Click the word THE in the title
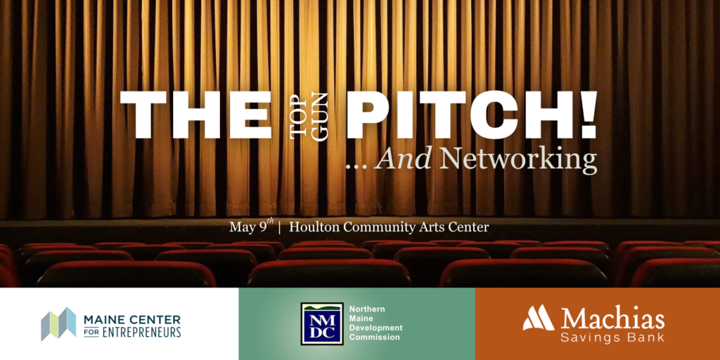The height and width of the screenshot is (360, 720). tap(195, 115)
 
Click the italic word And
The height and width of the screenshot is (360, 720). tap(403, 160)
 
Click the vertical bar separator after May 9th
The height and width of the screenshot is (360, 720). tap(280, 227)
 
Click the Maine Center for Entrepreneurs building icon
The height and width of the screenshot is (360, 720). tap(58, 324)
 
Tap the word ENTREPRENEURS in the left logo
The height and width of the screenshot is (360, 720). tap(140, 333)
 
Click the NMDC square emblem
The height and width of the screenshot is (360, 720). tap(322, 323)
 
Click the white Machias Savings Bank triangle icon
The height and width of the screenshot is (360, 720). tap(539, 318)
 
